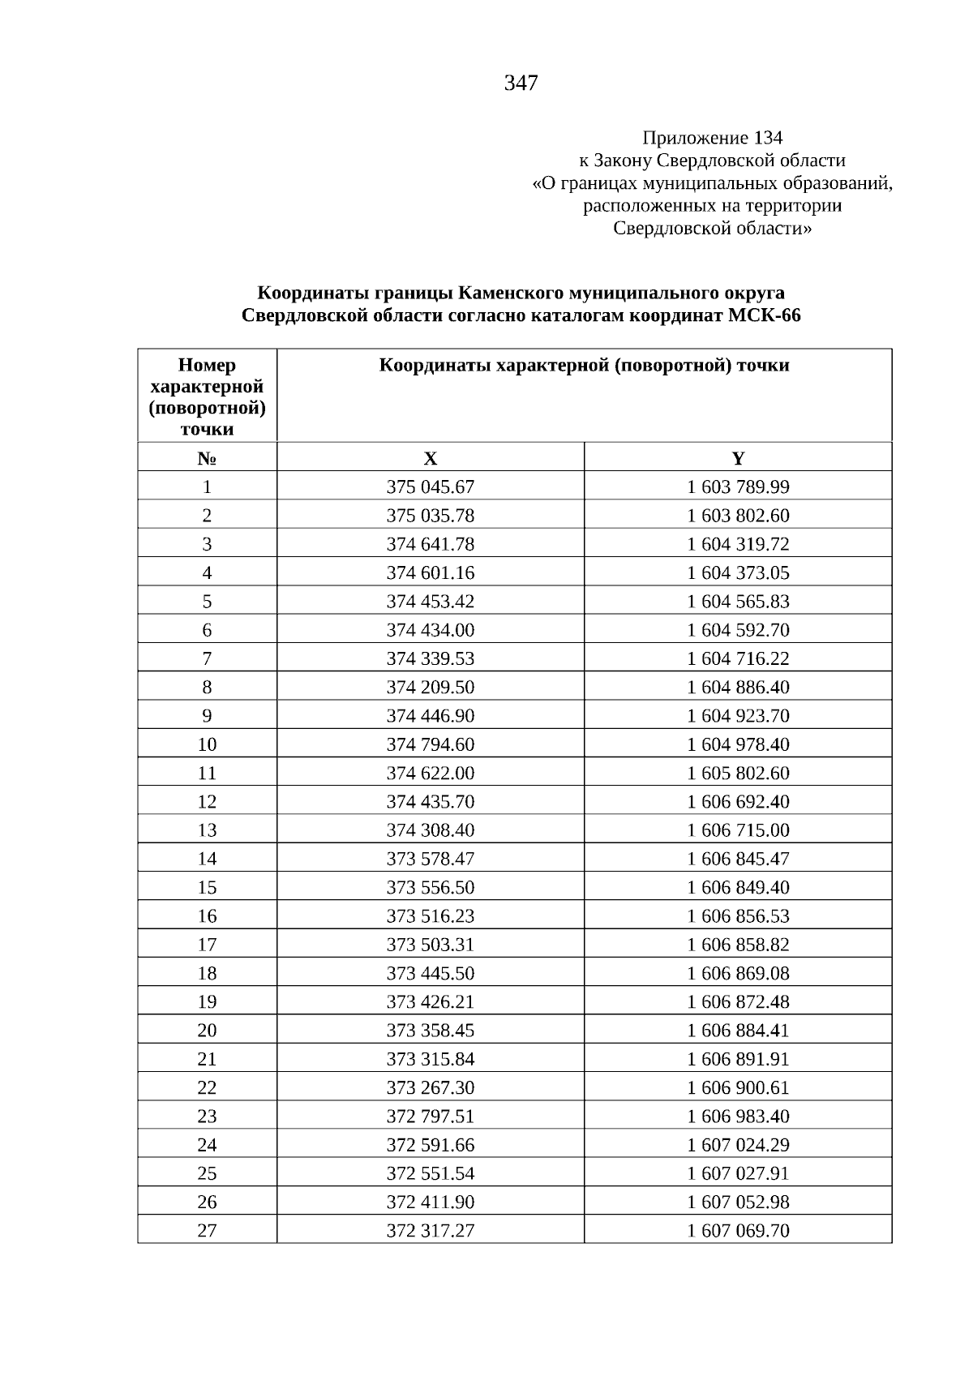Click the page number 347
click(521, 83)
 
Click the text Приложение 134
click(712, 137)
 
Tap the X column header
click(431, 458)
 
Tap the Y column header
click(738, 458)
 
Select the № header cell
click(207, 458)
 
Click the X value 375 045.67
click(431, 487)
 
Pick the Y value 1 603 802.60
click(738, 516)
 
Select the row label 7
click(207, 658)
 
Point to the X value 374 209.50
click(431, 687)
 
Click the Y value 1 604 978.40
click(738, 744)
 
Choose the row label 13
click(207, 829)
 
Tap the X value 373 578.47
click(431, 859)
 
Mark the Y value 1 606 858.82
click(738, 945)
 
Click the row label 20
click(207, 1030)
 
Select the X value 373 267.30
click(431, 1087)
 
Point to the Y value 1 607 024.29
click(738, 1145)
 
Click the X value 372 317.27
click(431, 1230)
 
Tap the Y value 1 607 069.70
click(738, 1230)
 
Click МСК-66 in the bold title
click(764, 315)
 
